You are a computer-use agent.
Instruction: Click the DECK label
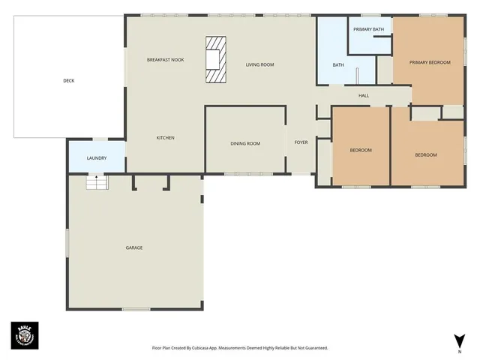coord(68,80)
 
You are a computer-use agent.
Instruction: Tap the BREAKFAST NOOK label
coord(165,59)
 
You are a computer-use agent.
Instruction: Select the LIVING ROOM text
coord(259,64)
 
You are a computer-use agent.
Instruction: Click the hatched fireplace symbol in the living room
coord(215,59)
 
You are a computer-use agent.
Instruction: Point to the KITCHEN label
coord(165,137)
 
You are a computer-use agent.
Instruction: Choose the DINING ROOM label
coord(245,142)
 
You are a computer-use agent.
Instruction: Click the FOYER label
coord(301,142)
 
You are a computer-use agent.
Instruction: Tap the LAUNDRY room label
coord(96,157)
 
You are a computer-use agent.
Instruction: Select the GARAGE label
coord(133,247)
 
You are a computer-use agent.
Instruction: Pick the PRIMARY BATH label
coord(368,29)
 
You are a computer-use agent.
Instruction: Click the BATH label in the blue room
coord(338,64)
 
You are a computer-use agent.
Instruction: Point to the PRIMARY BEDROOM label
coord(430,62)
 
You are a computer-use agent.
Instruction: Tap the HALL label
coord(364,95)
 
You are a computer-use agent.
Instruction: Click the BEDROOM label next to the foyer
coord(361,150)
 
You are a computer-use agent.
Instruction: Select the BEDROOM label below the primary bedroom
coord(426,154)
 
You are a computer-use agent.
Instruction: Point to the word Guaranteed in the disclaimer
coord(313,348)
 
